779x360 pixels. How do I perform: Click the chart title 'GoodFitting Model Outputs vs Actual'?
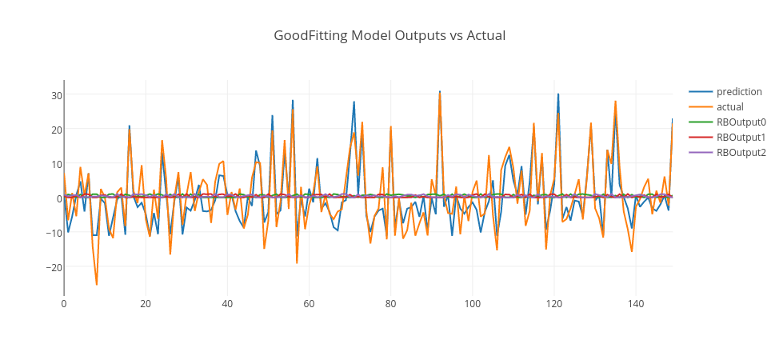pos(389,35)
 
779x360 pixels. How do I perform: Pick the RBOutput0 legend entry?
pos(741,122)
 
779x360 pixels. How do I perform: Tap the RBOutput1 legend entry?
pos(741,138)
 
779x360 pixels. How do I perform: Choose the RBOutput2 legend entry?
pos(741,153)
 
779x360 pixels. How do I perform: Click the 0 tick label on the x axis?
pos(64,304)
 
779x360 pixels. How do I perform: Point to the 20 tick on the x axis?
pos(146,304)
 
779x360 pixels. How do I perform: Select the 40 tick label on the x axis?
pos(227,304)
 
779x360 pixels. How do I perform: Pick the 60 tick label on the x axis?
pos(309,304)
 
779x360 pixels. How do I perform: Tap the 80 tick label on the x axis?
pos(390,304)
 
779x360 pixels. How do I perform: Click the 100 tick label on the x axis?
pos(472,304)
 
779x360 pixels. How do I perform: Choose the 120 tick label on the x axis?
pos(553,304)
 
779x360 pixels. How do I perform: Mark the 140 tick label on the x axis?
pos(635,304)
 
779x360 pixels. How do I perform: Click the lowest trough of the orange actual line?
pos(97,284)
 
